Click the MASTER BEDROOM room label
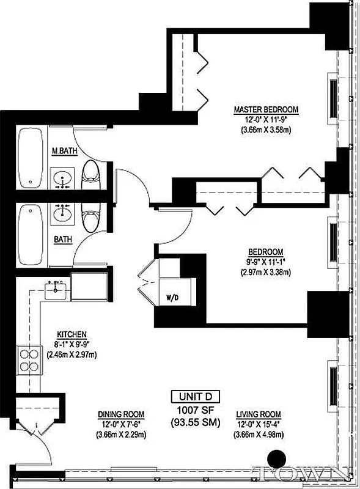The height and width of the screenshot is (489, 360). (266, 110)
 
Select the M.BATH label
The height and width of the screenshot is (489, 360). (64, 152)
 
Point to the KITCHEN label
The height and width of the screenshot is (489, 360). (72, 334)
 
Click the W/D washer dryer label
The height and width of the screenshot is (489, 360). (172, 299)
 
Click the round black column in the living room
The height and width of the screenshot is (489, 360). (277, 458)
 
